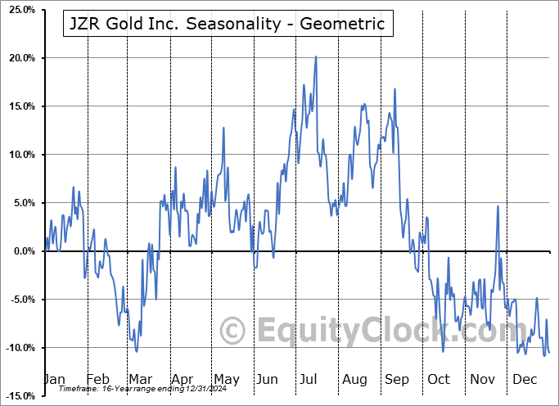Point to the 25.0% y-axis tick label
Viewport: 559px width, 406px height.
[19, 10]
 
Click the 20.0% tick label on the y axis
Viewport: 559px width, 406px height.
[19, 58]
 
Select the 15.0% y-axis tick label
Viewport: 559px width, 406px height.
[19, 106]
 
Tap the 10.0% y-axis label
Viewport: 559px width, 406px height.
[19, 155]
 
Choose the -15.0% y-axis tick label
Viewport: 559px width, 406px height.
[17, 396]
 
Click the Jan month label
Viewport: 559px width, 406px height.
[53, 380]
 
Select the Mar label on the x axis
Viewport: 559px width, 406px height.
[140, 380]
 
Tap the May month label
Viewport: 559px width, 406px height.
[226, 380]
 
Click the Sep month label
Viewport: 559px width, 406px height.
[397, 380]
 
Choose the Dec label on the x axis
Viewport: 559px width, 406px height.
[525, 380]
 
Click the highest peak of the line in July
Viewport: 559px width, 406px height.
[316, 57]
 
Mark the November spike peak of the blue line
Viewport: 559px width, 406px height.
[498, 206]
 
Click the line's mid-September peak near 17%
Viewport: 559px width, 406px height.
[394, 88]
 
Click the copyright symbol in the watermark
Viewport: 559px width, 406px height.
[234, 330]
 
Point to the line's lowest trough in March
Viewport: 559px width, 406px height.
[137, 351]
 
